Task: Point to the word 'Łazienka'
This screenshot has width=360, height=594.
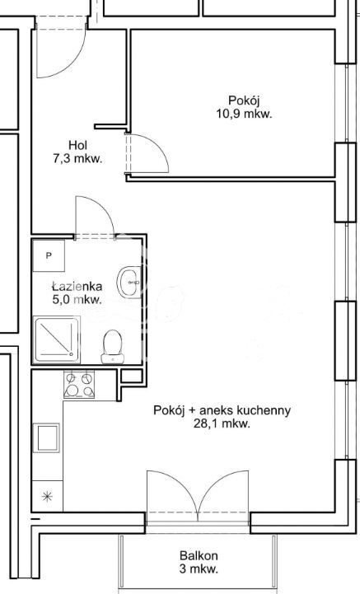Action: [x=77, y=287]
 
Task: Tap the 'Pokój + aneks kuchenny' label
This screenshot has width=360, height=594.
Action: [x=222, y=410]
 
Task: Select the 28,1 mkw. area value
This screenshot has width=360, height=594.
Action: [x=222, y=423]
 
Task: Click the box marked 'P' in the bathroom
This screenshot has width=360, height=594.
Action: [x=49, y=256]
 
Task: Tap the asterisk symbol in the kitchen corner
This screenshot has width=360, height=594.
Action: [x=46, y=497]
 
